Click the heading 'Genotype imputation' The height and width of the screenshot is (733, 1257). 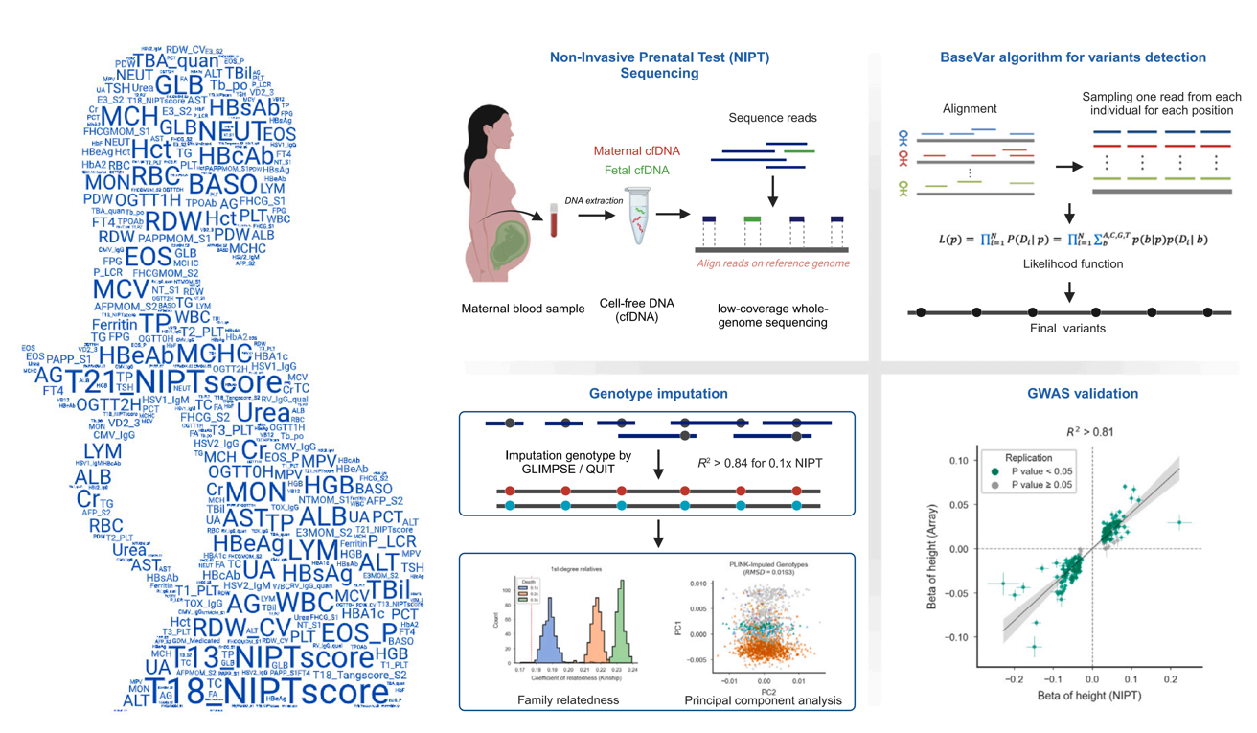click(658, 394)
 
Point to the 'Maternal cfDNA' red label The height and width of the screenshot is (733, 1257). click(636, 151)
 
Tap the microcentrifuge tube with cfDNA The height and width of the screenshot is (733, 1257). click(639, 219)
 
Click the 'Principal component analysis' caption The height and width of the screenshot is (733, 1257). click(764, 700)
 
